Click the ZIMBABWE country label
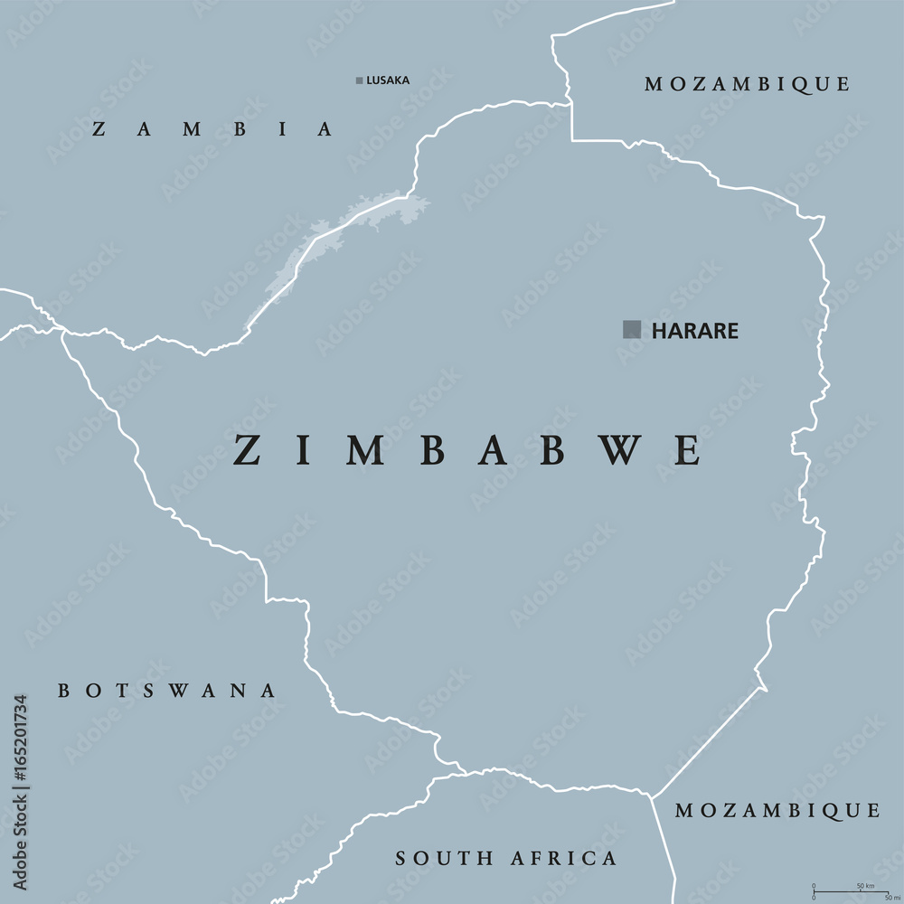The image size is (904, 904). coord(466,450)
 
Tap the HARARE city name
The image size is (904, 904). coord(694,331)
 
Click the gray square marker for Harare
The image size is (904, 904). coord(632,329)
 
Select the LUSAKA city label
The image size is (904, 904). coord(388,80)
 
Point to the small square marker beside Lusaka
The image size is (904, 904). coord(359,80)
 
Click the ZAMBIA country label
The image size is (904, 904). coord(213,129)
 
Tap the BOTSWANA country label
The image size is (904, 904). coord(167,691)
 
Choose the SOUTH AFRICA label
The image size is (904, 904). coord(506,858)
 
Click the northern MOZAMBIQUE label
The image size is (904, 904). coord(747,84)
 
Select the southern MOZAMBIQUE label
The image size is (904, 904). coord(777,810)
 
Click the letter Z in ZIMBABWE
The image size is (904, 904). coord(247,450)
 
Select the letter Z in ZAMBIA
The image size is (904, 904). coord(99,129)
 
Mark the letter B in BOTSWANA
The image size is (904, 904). coord(63,691)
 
